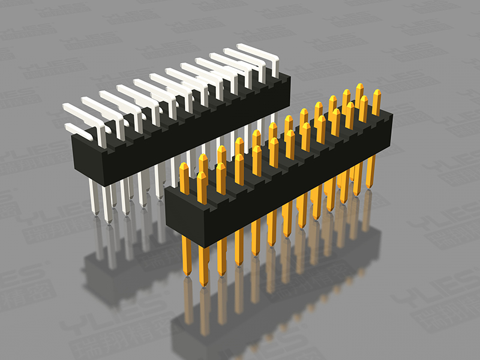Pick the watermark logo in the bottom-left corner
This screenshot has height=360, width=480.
(x=24, y=288)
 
